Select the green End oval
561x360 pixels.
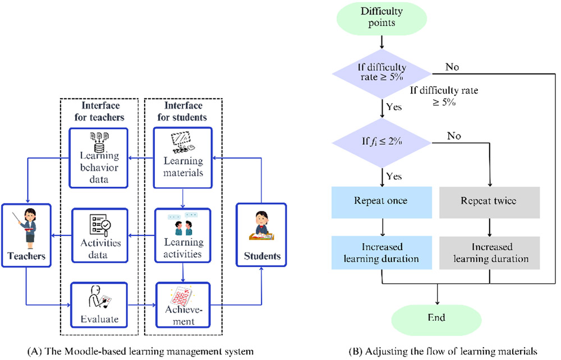[x=436, y=318]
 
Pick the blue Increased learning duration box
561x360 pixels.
[x=381, y=253]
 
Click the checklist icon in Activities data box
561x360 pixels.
[x=99, y=224]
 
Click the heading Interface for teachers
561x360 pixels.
[x=99, y=111]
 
